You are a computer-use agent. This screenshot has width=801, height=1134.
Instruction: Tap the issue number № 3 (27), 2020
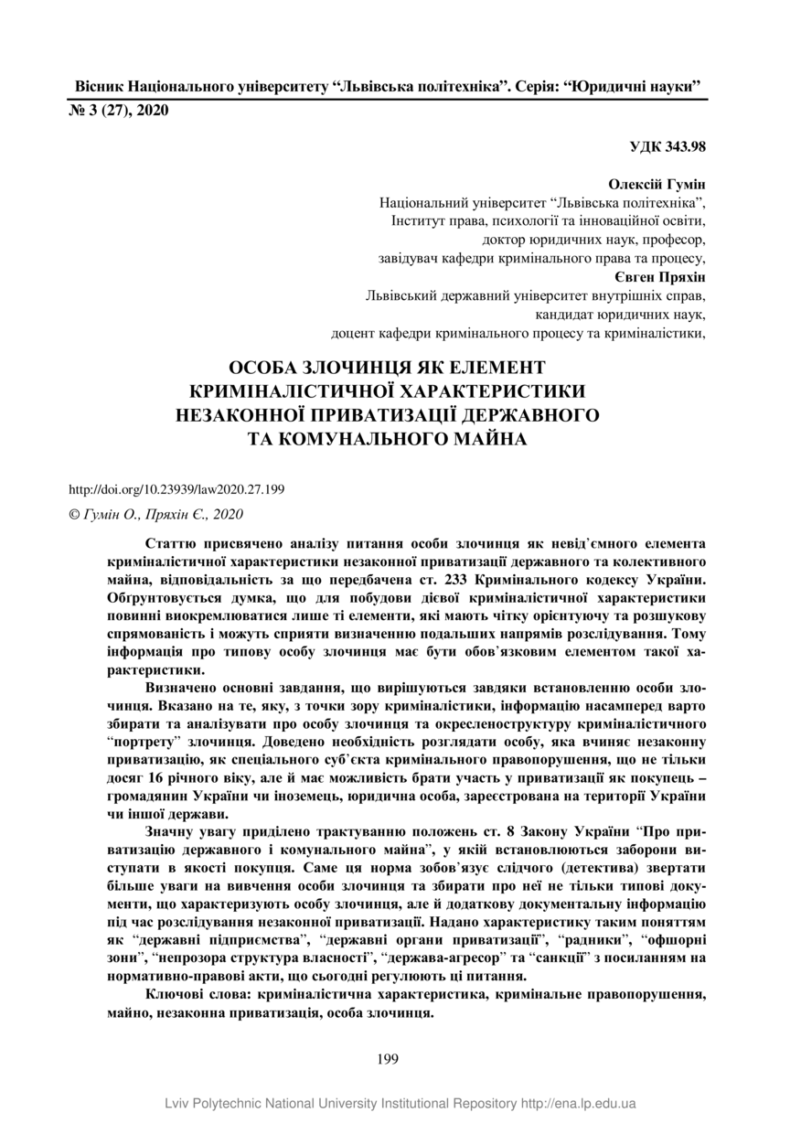point(120,112)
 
